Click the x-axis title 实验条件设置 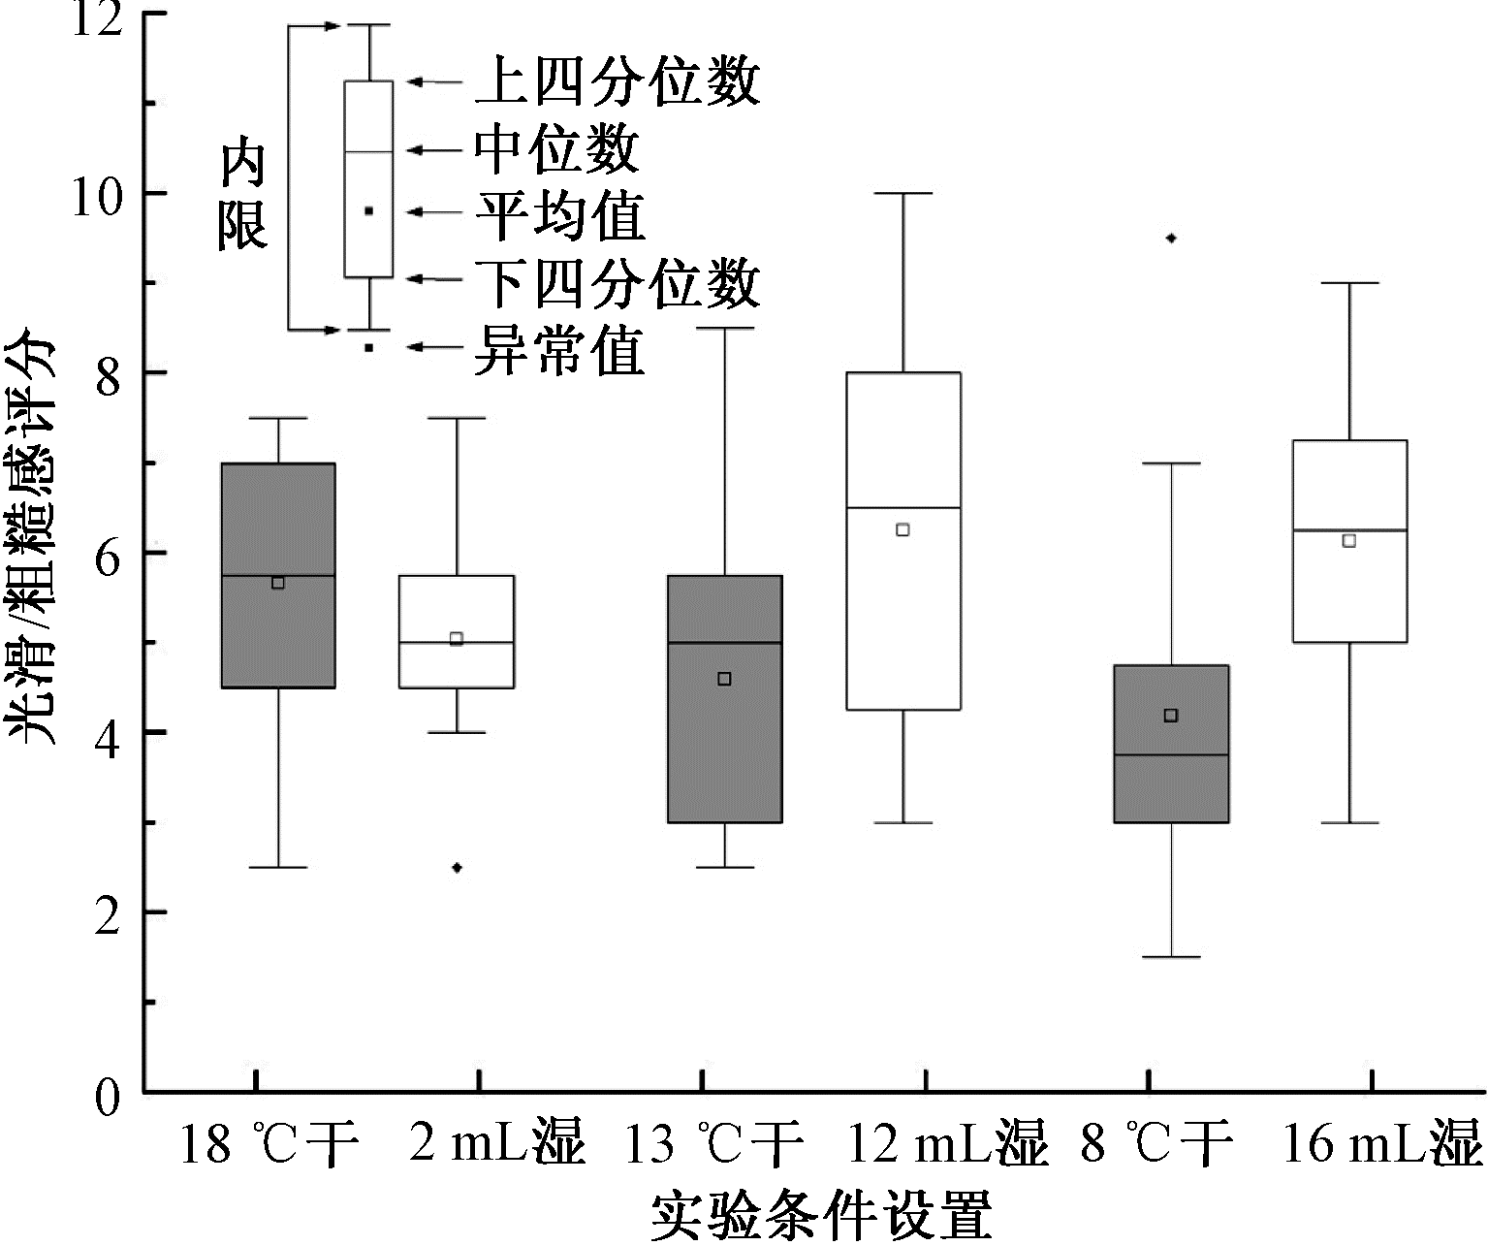tap(822, 1212)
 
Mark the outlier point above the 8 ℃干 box tap(1171, 238)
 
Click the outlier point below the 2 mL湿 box tap(457, 867)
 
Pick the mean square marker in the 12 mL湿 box tap(902, 529)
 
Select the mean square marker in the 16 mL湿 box tap(1348, 540)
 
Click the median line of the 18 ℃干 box tap(278, 575)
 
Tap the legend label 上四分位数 tap(617, 82)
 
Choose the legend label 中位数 tap(557, 150)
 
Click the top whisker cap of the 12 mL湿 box tap(903, 193)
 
